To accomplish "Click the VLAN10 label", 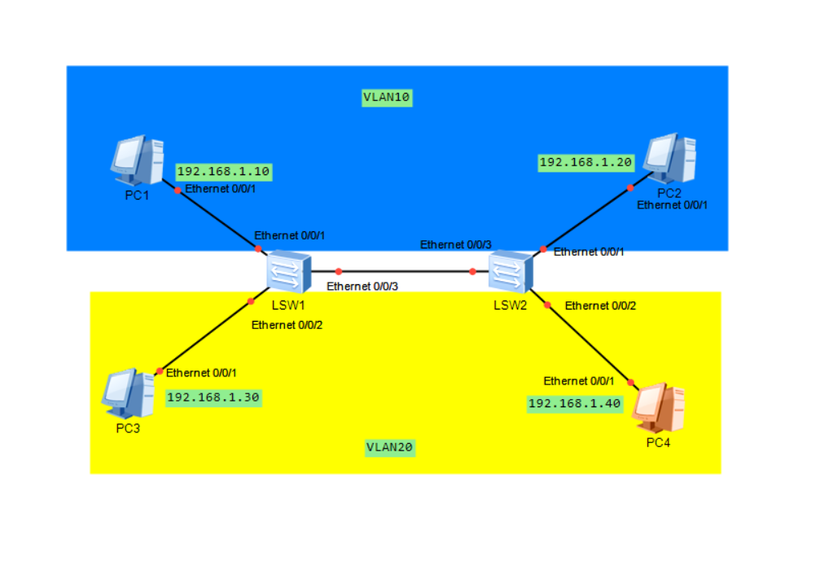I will tap(387, 98).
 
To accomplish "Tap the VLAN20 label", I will tap(390, 447).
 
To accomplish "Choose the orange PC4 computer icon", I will tap(658, 408).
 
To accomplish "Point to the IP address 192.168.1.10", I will tap(223, 172).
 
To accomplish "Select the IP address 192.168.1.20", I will tap(585, 163).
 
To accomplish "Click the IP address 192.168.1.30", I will tap(213, 397).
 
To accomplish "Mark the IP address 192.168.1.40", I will tap(575, 403).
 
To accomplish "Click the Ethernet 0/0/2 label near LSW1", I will tap(287, 324).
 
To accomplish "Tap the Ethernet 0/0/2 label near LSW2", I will tap(600, 305).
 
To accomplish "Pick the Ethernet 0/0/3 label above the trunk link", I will tap(456, 244).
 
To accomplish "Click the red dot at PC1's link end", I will tap(178, 191).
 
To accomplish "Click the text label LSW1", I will tap(287, 305).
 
